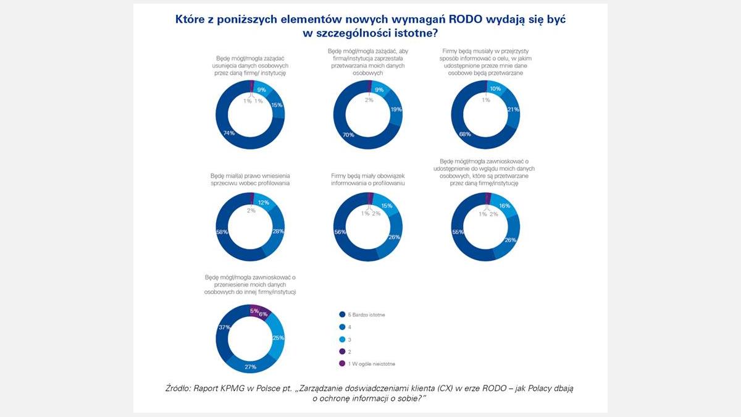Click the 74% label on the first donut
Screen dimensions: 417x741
(x=228, y=133)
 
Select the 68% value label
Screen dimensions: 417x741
(x=465, y=134)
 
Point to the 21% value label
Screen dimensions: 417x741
(x=513, y=109)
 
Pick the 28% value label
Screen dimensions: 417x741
(x=277, y=231)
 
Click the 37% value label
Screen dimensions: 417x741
(x=224, y=327)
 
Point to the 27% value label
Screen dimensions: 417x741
(x=250, y=367)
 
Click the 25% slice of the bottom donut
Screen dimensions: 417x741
(x=278, y=338)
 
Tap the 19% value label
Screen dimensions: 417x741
(x=396, y=109)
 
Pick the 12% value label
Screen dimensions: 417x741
(x=264, y=203)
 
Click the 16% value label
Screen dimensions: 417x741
(x=504, y=206)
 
